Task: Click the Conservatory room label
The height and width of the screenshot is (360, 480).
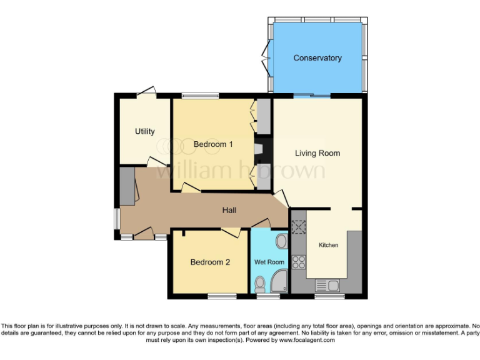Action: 317,58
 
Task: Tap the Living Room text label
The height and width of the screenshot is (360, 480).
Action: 317,153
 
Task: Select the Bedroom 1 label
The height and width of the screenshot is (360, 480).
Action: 213,144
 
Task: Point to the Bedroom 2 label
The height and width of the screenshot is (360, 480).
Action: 210,262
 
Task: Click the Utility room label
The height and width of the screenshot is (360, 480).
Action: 144,131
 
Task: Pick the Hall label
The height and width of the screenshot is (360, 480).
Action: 229,211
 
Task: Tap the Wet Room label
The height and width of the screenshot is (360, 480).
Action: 269,262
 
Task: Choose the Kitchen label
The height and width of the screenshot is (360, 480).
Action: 329,245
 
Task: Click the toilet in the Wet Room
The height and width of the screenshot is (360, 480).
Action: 260,285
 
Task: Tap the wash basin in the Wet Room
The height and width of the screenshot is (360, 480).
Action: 281,241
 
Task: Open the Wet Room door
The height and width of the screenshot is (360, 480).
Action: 260,223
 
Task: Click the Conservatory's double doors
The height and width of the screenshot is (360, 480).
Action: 267,58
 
